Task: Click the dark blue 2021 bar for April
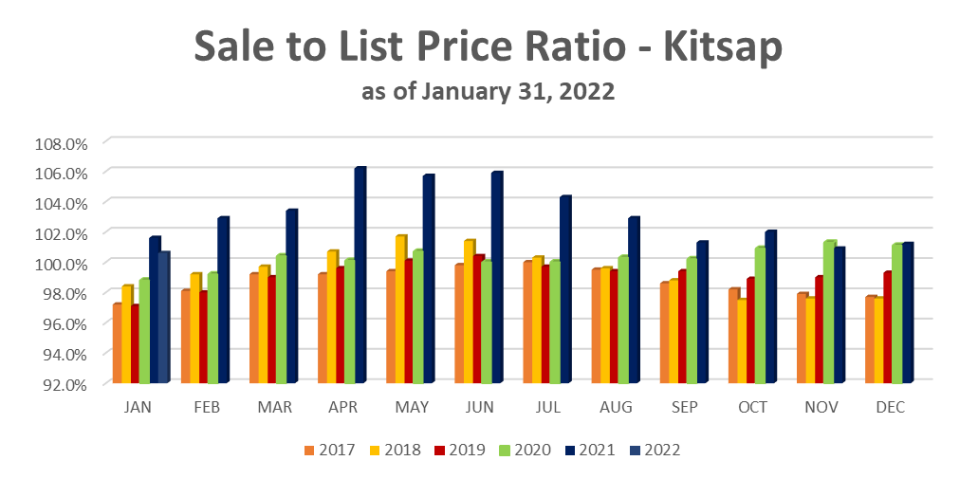(x=360, y=275)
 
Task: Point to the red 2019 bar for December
(x=886, y=327)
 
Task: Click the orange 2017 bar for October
(x=732, y=336)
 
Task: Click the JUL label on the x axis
(x=548, y=407)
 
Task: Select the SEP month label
(x=685, y=407)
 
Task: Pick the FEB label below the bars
(x=207, y=407)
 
